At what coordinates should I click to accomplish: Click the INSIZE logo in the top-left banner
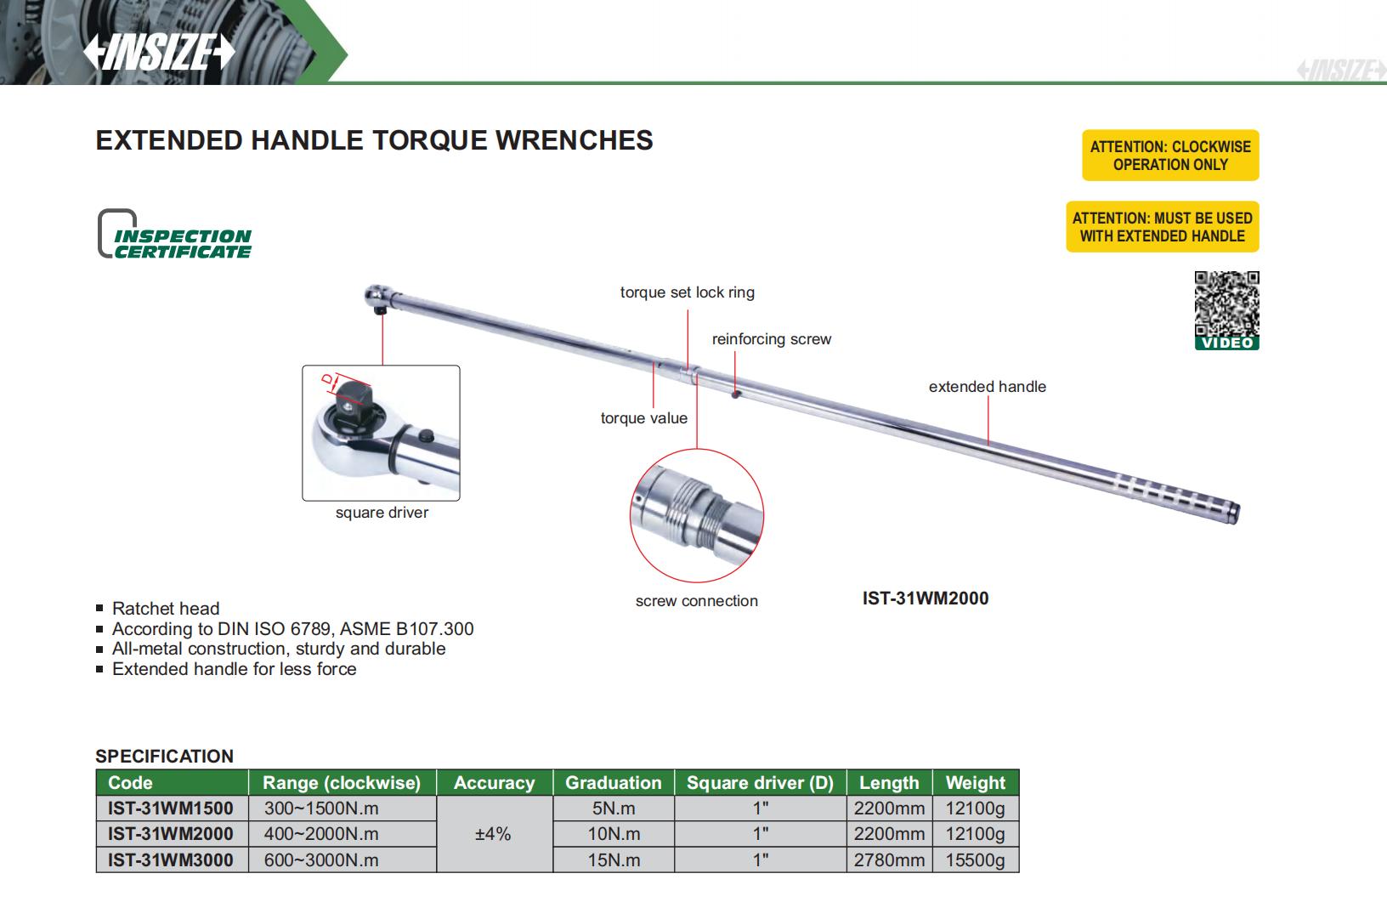(x=158, y=52)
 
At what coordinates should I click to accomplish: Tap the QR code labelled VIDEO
(x=1226, y=304)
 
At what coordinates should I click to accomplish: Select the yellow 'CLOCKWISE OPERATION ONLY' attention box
(x=1170, y=156)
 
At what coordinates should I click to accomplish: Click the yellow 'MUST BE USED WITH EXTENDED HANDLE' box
(x=1162, y=227)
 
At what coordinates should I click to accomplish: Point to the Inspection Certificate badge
(x=175, y=235)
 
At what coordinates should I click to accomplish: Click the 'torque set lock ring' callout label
(x=687, y=292)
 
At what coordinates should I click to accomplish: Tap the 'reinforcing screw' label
(x=771, y=339)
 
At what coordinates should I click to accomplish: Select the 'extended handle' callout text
(x=987, y=387)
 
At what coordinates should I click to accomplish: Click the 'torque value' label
(x=643, y=418)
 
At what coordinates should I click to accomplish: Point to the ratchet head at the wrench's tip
(x=377, y=297)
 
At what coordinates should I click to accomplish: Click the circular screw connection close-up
(x=696, y=516)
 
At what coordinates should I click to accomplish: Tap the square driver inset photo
(x=381, y=433)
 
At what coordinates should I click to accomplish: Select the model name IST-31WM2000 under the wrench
(x=925, y=598)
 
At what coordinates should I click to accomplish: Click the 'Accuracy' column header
(x=494, y=783)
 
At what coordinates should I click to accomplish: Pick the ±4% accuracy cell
(x=493, y=834)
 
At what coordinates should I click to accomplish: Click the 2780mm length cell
(x=889, y=860)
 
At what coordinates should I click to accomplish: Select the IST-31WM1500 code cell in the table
(x=171, y=808)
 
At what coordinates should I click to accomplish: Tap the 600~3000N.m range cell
(x=321, y=860)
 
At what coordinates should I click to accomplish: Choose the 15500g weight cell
(x=975, y=860)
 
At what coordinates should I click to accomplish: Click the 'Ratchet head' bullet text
(x=166, y=609)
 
